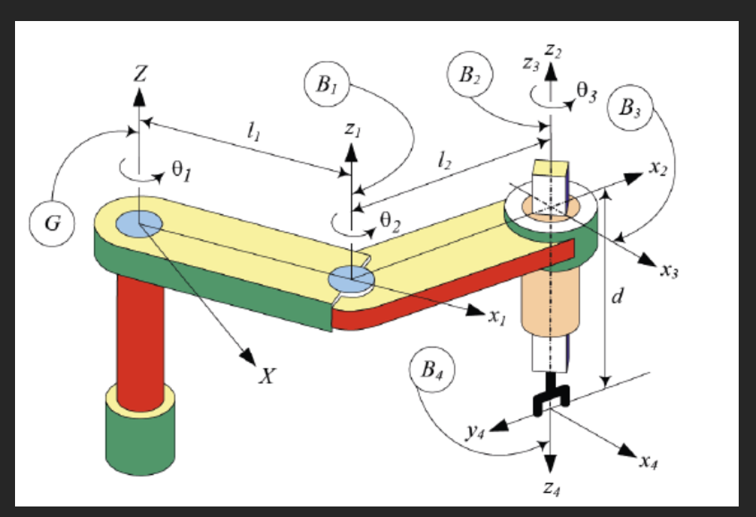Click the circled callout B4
coord(432,372)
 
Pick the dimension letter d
coord(617,298)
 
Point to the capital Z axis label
coord(141,74)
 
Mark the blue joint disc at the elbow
coord(351,279)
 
